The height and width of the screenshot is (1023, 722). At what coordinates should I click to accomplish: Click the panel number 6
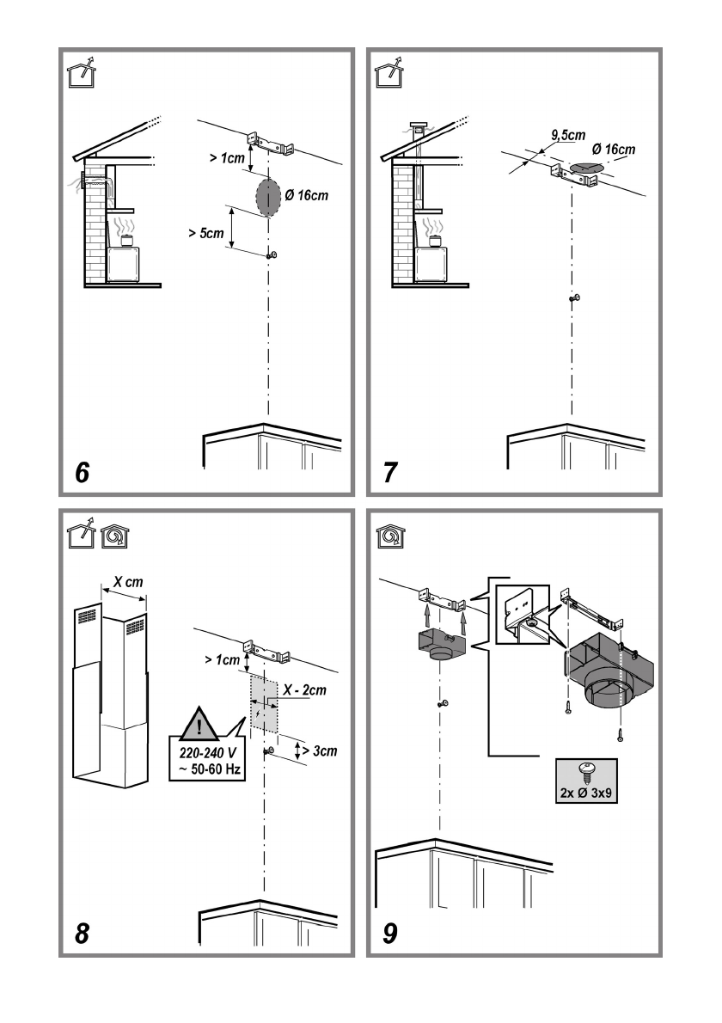point(82,472)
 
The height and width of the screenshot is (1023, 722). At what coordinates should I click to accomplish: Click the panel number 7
point(390,472)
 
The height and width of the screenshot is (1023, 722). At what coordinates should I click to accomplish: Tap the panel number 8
point(82,934)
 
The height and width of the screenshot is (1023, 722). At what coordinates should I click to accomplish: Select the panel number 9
point(390,934)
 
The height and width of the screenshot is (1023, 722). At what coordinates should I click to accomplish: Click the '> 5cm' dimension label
point(206,233)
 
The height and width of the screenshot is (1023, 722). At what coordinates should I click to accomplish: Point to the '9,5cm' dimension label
point(568,135)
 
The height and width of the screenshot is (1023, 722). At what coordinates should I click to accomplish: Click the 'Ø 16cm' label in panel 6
point(307,195)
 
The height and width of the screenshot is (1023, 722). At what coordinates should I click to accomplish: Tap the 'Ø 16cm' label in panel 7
point(613,149)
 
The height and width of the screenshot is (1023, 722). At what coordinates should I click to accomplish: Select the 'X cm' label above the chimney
point(128,581)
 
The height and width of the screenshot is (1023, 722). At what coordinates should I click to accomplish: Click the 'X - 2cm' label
point(304,690)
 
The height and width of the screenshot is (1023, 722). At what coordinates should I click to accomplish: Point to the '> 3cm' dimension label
point(320,751)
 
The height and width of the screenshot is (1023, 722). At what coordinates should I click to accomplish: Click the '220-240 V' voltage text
point(207,753)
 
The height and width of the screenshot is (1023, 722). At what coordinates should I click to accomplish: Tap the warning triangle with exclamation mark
point(199,724)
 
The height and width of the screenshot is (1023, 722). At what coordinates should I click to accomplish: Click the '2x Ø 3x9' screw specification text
point(586,793)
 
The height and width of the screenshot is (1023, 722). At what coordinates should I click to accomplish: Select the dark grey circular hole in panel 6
point(268,198)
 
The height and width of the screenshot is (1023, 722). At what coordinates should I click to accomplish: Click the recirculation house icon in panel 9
point(390,536)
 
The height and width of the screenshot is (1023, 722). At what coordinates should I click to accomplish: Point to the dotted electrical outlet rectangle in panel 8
point(264,703)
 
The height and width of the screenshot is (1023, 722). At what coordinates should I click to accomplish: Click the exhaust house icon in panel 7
point(389,73)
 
